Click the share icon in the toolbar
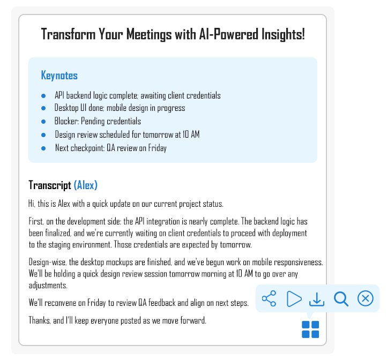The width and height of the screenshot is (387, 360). coord(269,298)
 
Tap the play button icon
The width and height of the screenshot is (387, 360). coord(294,299)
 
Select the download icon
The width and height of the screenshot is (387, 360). coord(317,299)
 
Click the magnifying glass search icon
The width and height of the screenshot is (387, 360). coord(341,299)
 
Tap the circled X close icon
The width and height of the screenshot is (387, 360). coord(365,298)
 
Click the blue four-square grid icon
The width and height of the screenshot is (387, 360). coord(310,329)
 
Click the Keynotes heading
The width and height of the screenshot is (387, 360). coord(59,75)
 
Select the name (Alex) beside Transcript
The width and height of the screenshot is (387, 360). coord(86,185)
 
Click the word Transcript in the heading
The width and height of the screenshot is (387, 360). coord(50,185)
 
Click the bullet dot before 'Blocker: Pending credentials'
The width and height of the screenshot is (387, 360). coord(43,122)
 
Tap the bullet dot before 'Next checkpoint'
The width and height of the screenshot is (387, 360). coord(43,148)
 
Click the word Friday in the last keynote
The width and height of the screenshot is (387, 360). coord(158,148)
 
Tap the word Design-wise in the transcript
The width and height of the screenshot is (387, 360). coord(48,262)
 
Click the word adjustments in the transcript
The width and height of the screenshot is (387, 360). coord(48,285)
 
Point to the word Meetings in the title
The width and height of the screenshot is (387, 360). coord(149,34)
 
